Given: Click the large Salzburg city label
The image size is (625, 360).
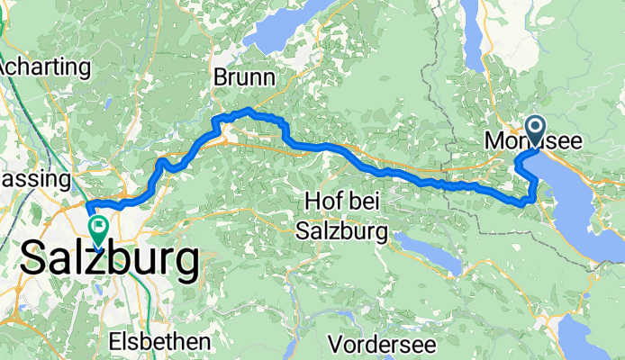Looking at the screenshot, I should click(108, 261).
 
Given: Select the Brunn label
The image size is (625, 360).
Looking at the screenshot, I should click(243, 79).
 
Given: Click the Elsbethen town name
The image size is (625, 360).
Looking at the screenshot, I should click(159, 341).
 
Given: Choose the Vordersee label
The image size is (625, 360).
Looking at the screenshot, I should click(383, 344).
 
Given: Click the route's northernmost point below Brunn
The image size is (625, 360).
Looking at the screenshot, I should click(247, 110).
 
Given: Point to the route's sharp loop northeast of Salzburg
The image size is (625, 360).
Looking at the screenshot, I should click(161, 163).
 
